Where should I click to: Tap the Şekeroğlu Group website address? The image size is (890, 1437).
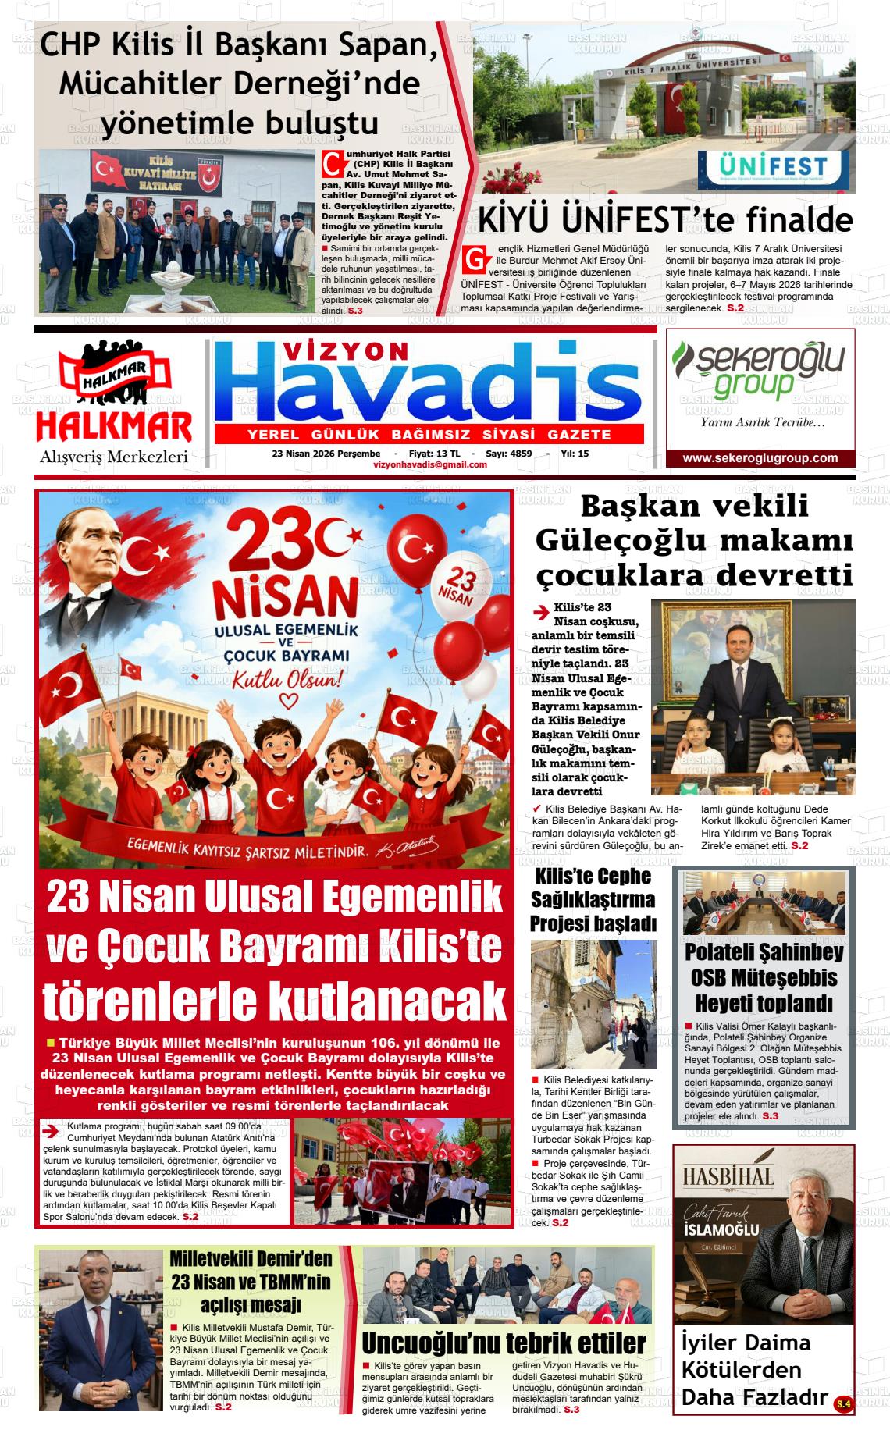(x=760, y=458)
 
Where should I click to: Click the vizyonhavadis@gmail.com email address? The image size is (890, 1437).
(x=430, y=464)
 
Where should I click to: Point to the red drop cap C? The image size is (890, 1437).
(x=332, y=164)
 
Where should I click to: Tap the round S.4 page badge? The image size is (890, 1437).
(x=842, y=1404)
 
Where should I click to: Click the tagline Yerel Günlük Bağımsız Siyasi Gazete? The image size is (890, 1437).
(x=429, y=434)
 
